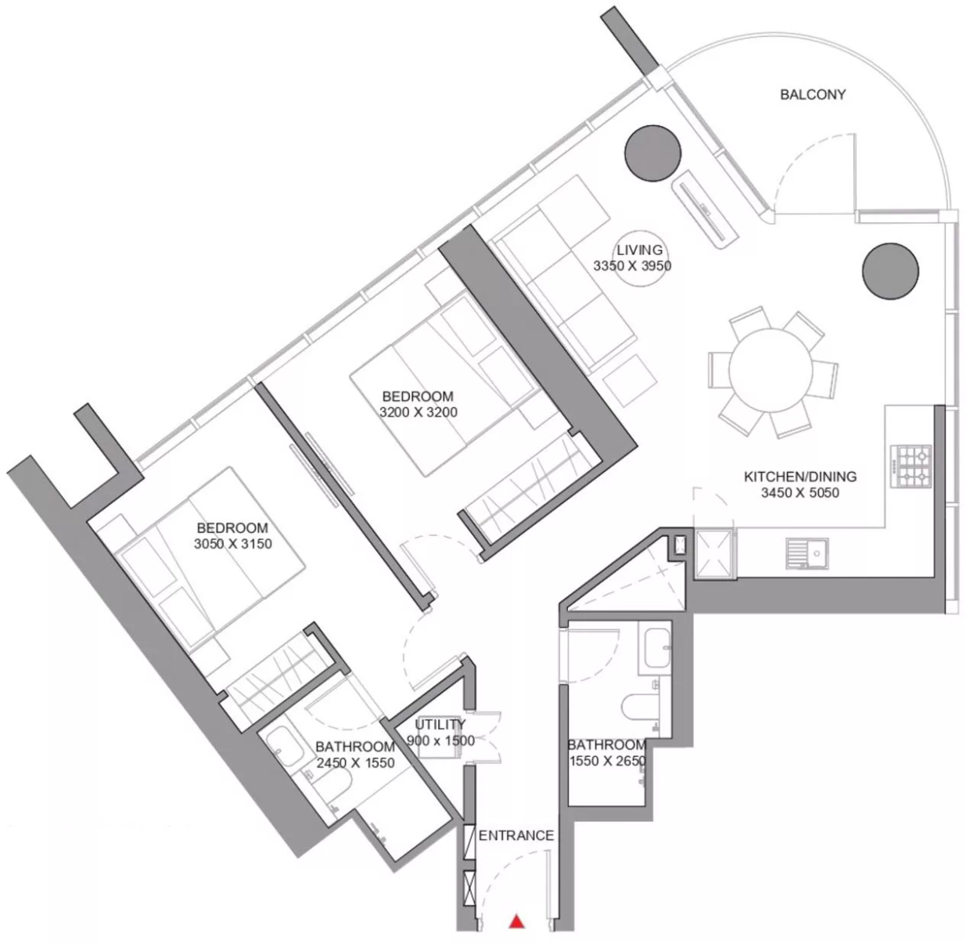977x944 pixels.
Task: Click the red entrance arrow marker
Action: tap(516, 921)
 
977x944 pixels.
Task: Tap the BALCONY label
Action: tap(813, 95)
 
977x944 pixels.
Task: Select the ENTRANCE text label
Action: tap(515, 835)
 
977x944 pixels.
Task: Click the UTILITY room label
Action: tap(440, 725)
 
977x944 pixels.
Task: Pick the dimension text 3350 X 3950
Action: tap(632, 266)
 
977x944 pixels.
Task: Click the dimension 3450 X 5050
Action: tap(799, 493)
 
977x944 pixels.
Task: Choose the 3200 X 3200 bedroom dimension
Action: tap(418, 413)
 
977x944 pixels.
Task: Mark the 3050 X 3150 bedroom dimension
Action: tap(233, 544)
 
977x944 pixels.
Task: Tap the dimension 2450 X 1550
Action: tap(355, 763)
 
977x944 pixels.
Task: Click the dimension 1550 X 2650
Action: tap(607, 761)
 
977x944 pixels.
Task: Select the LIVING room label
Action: tap(639, 250)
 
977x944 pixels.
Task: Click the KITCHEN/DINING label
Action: tap(799, 477)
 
